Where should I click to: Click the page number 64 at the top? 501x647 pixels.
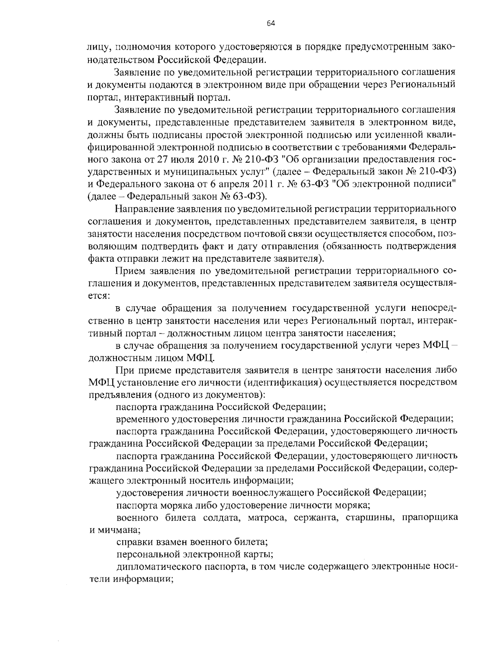point(270,24)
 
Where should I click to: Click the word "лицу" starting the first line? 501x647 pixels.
point(97,47)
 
